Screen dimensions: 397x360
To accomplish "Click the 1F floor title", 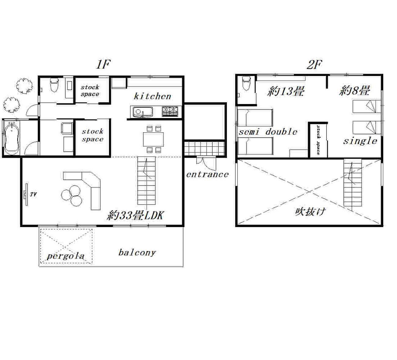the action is tap(103, 64).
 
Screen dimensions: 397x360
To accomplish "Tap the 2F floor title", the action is tap(314, 64).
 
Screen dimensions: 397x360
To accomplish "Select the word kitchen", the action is tap(152, 96).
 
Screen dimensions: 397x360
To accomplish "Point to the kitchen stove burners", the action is tap(170, 111).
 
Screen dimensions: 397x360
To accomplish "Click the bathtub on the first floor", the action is tap(12, 138).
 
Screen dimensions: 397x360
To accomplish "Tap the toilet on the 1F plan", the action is tap(54, 85).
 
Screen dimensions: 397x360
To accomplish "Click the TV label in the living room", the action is tap(33, 194).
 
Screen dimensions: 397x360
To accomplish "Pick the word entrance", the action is tap(207, 175).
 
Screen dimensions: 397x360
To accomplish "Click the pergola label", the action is tap(66, 256).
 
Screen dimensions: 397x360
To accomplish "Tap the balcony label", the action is tap(137, 253).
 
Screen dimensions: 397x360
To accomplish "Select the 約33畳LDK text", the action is tap(135, 215).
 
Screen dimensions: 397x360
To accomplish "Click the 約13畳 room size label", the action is tap(286, 92).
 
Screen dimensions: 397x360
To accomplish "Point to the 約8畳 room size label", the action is tap(355, 91).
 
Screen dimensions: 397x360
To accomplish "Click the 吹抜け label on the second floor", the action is tap(310, 212).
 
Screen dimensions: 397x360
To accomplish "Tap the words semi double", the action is tap(268, 132).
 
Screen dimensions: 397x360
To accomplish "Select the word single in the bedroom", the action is tap(360, 141).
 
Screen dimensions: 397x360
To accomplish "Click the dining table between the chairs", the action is tap(153, 139).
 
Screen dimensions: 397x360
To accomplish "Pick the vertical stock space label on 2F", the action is tap(318, 140).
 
